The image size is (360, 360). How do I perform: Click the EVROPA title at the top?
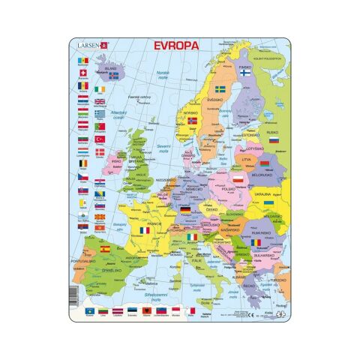(x=177, y=45)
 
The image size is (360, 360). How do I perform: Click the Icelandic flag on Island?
(x=113, y=75)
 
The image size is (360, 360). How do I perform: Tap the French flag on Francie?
(x=145, y=229)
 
